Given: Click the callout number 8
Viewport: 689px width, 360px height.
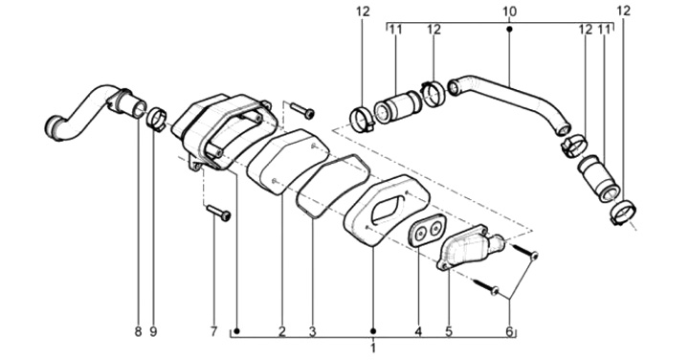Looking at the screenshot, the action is point(139,331).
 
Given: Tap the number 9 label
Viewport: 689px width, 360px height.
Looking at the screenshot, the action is point(153,331).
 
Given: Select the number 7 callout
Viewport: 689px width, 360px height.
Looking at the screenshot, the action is point(214,331).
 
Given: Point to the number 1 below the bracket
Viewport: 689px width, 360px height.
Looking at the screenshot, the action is point(373,349).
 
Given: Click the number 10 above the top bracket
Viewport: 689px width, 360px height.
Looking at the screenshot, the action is point(509,11).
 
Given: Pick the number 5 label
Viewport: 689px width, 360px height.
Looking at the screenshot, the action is point(449,331).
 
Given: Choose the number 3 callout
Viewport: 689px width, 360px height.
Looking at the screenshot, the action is point(312,331).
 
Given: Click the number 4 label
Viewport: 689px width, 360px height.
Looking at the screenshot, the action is point(418,331).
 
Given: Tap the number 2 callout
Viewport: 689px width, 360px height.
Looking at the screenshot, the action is point(282,331).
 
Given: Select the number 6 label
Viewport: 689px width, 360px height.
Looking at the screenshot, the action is point(510,331).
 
